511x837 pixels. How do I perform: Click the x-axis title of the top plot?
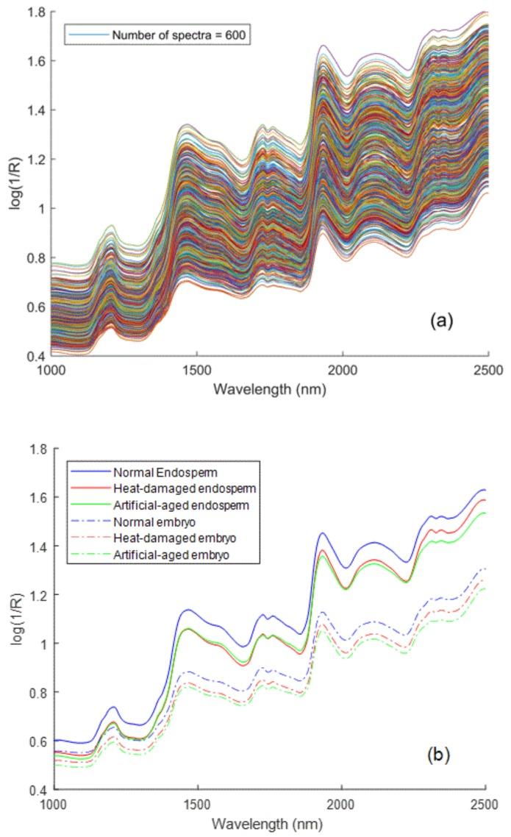(269, 388)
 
